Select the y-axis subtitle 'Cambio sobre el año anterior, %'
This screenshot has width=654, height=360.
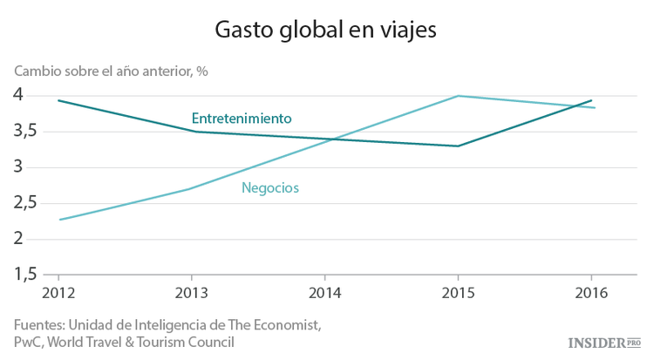tap(110, 71)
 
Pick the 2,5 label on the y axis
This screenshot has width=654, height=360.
tap(30, 202)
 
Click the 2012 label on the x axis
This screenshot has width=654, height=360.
tap(58, 291)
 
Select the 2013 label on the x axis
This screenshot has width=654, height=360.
tap(191, 291)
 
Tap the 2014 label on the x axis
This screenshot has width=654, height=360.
tap(324, 291)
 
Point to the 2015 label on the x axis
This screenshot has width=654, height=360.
tap(458, 291)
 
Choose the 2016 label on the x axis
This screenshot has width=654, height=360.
tap(592, 291)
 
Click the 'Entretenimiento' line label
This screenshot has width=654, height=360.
tap(241, 118)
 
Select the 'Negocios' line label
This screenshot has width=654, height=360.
tap(270, 187)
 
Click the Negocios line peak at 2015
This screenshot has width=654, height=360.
tap(459, 96)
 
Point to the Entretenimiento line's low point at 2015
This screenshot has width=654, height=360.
tap(459, 146)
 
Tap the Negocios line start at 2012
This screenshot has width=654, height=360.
tap(58, 220)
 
